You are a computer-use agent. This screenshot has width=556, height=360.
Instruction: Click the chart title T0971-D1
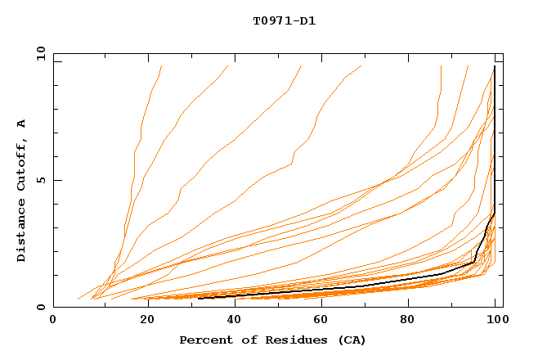[284, 21]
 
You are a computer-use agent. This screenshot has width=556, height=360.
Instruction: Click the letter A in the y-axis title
[22, 123]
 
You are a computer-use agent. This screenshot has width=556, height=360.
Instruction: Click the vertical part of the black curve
[495, 139]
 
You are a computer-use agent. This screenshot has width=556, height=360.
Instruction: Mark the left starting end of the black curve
[200, 298]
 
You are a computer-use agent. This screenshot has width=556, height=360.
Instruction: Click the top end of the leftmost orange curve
[162, 66]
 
